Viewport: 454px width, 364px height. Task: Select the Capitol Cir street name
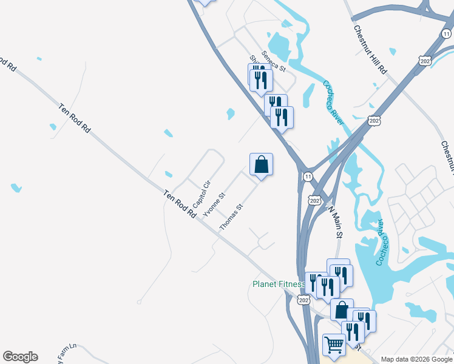(x=201, y=193)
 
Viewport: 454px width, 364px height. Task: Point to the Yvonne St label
(x=214, y=204)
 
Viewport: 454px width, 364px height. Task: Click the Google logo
(x=20, y=357)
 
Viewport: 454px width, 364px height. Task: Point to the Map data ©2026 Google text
(x=416, y=359)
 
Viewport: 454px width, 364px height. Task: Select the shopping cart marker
(x=333, y=345)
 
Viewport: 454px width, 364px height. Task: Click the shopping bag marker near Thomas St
(x=261, y=164)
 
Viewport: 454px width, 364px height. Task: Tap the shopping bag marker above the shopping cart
(x=342, y=309)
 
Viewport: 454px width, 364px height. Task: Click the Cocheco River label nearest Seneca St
(x=333, y=103)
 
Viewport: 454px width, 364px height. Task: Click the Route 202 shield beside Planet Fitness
(x=304, y=300)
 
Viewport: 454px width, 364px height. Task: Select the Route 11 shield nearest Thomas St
(x=308, y=177)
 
